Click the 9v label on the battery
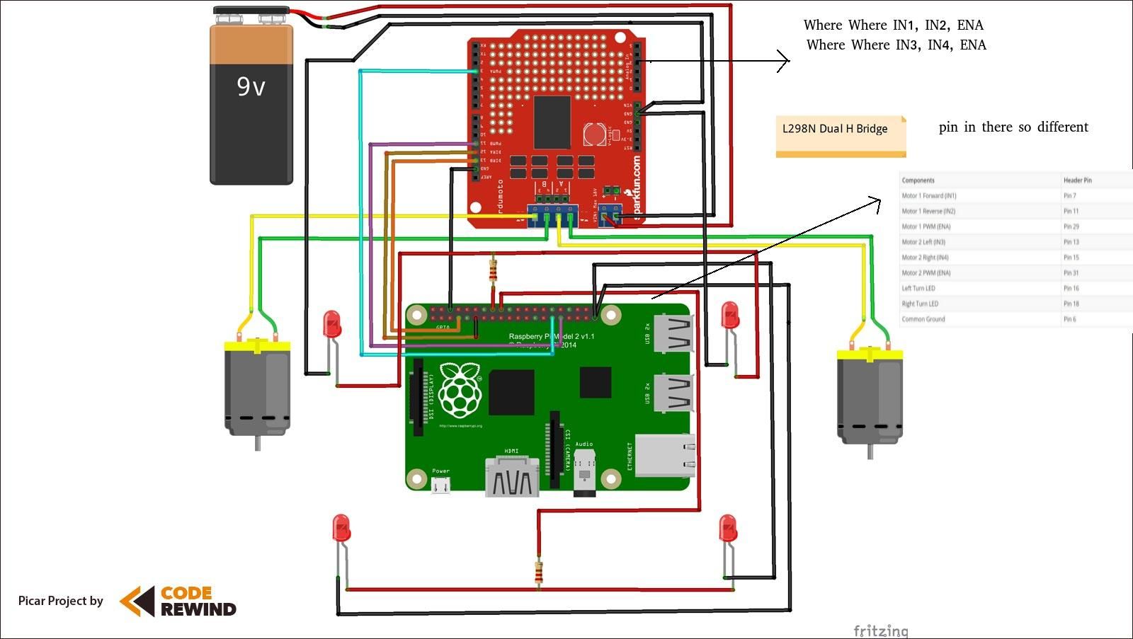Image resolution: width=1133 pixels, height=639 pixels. point(251,87)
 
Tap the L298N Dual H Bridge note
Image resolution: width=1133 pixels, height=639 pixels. point(835,129)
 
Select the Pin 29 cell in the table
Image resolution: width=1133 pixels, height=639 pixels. point(1071,226)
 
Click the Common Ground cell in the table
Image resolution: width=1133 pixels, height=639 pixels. point(923,319)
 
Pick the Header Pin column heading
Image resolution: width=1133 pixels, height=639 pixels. point(1077,180)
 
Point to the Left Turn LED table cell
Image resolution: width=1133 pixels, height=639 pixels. point(918,288)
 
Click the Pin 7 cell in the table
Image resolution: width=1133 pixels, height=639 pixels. point(1069,196)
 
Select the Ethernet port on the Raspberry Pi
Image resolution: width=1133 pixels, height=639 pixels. point(664,456)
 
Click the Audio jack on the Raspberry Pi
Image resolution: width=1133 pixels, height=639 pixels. point(584,471)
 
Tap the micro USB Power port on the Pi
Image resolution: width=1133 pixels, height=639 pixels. point(441,485)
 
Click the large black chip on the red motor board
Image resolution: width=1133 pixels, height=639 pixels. point(552,122)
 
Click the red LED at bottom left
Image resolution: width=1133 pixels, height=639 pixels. point(341,529)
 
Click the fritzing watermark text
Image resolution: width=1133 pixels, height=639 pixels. point(880,630)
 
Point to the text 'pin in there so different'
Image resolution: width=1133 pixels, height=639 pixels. point(1013,127)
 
